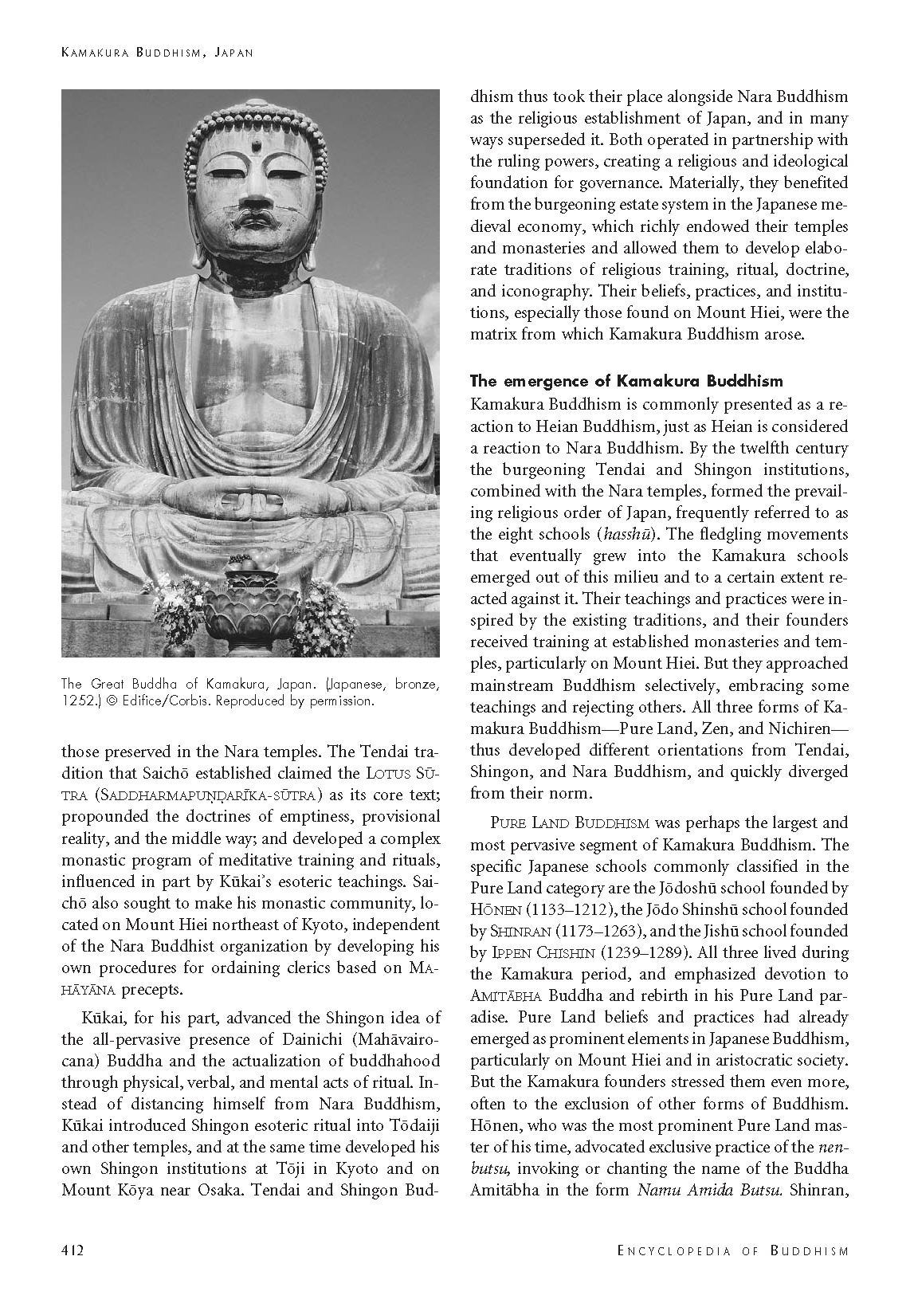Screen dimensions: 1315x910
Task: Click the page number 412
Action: click(x=73, y=1250)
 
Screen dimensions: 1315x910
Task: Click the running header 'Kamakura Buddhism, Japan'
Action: click(x=157, y=53)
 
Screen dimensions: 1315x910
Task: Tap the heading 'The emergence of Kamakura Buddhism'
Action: click(x=626, y=381)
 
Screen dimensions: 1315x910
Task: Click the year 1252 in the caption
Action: click(x=78, y=701)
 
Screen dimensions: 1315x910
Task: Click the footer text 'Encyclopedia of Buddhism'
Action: click(x=733, y=1250)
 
